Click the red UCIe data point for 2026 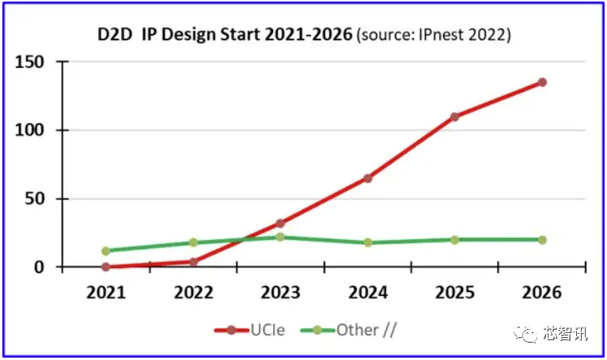pyautogui.click(x=542, y=82)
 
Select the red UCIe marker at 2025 pyautogui.click(x=454, y=117)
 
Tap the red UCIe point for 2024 pyautogui.click(x=367, y=178)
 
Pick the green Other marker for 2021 pyautogui.click(x=105, y=251)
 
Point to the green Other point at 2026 pyautogui.click(x=542, y=240)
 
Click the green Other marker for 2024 pyautogui.click(x=367, y=242)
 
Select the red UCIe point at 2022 pyautogui.click(x=192, y=261)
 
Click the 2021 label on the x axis pyautogui.click(x=105, y=293)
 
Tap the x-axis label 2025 pyautogui.click(x=454, y=293)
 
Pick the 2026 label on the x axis pyautogui.click(x=542, y=293)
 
